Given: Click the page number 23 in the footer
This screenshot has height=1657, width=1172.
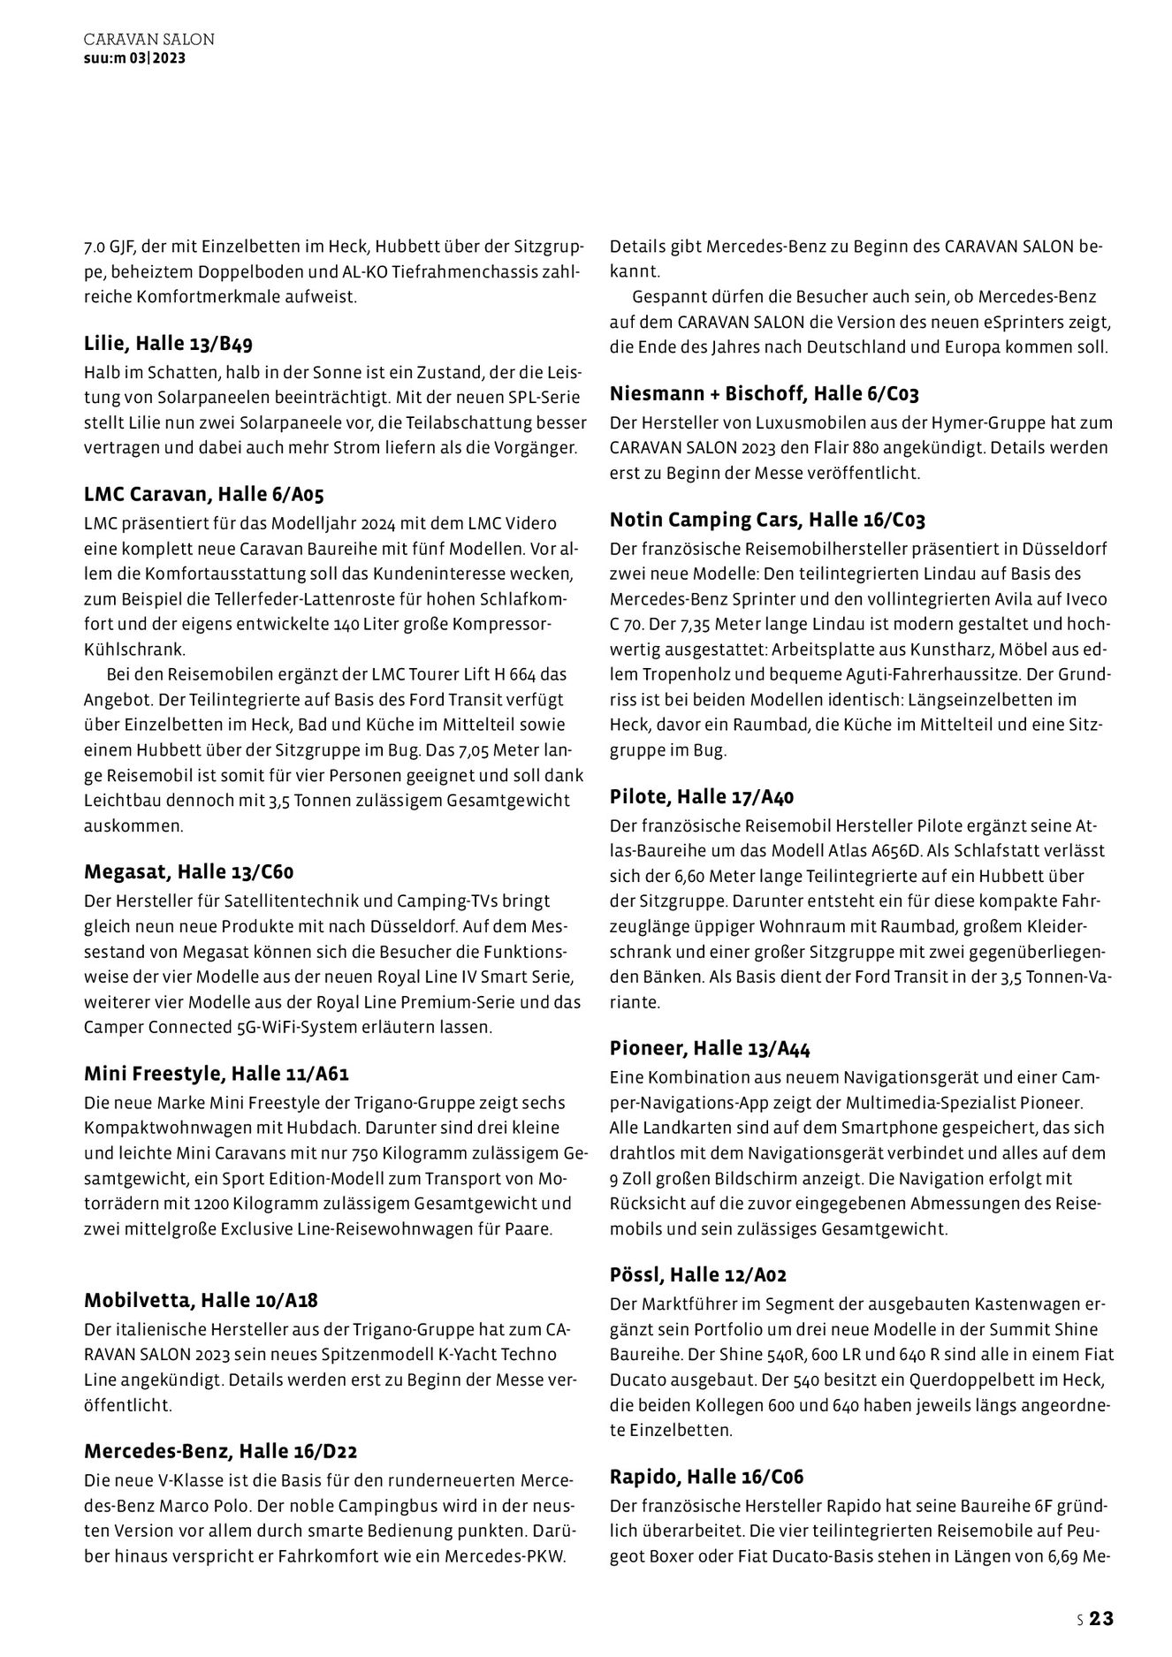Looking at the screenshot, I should pos(1100,1619).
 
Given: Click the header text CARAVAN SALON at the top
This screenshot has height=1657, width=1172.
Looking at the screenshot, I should pos(148,40).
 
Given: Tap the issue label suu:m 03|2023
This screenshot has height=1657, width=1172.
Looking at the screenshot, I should pos(134,58).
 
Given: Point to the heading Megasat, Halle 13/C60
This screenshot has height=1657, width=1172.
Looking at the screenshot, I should pos(188,872).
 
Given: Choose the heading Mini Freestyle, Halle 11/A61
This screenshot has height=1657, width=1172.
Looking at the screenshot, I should pos(217,1074).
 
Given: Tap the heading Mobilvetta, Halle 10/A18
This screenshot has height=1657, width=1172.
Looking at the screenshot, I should pos(201,1300).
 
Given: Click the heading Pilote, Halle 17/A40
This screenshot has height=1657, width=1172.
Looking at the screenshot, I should pos(702,796).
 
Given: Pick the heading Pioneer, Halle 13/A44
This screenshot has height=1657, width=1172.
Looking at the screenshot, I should pos(710,1048).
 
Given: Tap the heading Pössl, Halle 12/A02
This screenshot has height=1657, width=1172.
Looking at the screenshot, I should pos(698,1274).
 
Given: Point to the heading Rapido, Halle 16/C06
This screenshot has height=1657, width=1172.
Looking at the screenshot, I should pos(707,1476).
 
